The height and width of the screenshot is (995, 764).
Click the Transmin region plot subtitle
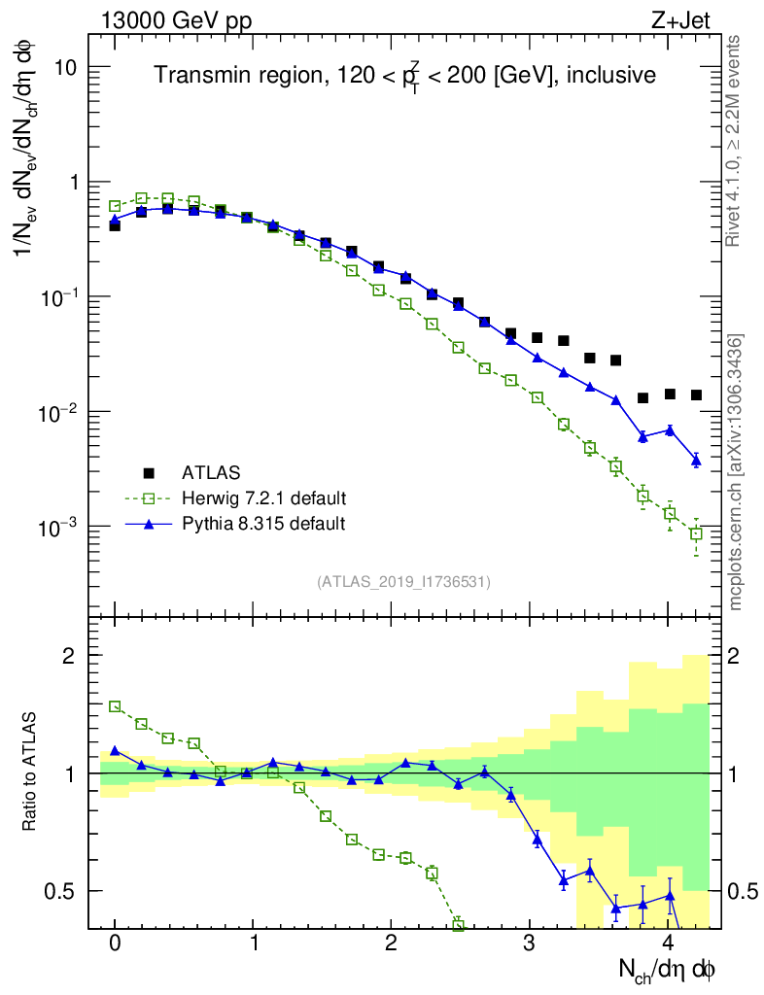(405, 74)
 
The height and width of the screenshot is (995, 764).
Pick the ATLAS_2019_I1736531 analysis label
(403, 582)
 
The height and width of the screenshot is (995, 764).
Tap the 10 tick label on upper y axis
(65, 67)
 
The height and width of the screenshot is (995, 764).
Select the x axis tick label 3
(530, 944)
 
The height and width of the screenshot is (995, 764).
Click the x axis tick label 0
(115, 944)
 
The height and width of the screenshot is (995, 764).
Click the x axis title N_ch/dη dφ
(668, 969)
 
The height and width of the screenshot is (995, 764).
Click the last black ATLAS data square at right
(696, 395)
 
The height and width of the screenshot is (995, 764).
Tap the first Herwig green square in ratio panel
(115, 706)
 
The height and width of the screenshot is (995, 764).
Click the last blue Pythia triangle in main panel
(696, 460)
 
